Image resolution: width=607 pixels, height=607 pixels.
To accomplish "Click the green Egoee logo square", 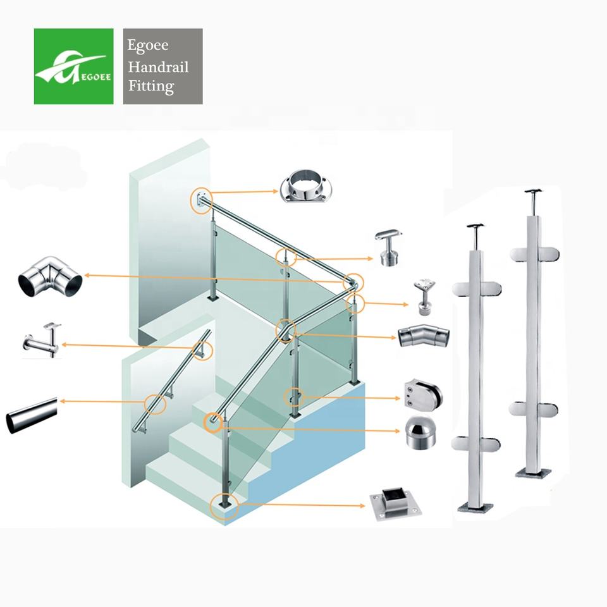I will coord(73,66).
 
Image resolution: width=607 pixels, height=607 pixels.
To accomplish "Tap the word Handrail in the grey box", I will coord(159,67).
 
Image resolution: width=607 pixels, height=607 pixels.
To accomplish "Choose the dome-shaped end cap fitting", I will coord(420,432).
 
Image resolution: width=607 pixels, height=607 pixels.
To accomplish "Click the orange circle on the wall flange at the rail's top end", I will coord(200,200).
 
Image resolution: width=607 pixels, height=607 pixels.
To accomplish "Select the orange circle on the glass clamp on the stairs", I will coord(293,398).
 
